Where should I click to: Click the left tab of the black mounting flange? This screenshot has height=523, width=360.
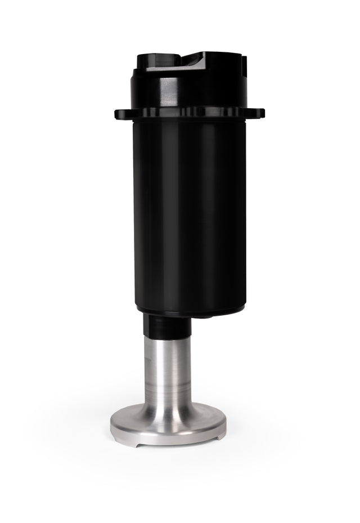click(120, 114)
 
